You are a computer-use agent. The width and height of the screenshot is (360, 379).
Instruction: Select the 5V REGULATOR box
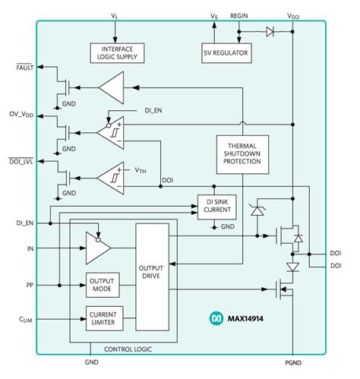226,52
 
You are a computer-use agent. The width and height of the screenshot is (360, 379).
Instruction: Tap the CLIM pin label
24,319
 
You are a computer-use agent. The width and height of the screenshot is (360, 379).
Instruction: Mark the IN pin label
30,248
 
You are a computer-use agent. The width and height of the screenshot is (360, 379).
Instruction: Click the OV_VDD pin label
21,115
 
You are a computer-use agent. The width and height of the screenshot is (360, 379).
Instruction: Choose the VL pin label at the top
115,15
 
